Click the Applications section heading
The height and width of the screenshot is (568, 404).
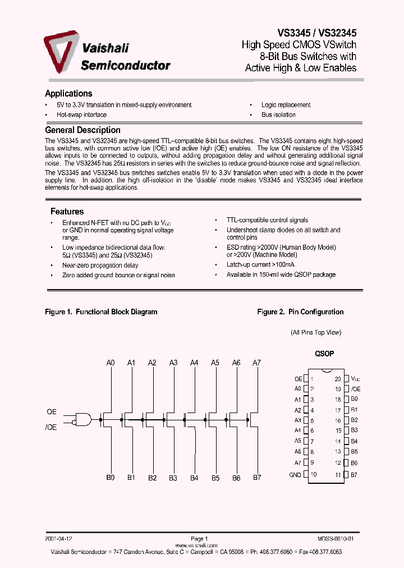pos(68,94)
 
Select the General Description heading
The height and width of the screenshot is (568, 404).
pos(82,130)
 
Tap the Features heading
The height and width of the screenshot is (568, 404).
pos(67,212)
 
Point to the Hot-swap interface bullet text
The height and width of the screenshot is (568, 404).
pos(81,114)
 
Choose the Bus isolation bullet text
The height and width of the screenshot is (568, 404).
pos(278,114)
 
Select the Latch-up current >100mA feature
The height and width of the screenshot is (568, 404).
pos(260,264)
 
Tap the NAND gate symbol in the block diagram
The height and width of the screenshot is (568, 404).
pos(84,419)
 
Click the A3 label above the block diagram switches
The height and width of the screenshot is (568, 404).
pos(173,363)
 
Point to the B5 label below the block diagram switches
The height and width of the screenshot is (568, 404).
pos(215,478)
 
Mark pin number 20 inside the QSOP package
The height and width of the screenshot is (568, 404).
pos(338,379)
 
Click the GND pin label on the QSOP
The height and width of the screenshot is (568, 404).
pos(295,475)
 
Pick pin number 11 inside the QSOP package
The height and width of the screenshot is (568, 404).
pos(338,475)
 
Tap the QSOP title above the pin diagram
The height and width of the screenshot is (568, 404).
pos(324,354)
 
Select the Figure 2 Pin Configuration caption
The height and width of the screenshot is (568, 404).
pos(300,312)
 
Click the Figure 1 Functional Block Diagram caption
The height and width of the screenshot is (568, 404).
pos(101,312)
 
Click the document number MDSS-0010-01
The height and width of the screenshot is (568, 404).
pos(336,538)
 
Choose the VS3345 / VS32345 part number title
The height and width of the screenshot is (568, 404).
pos(317,34)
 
